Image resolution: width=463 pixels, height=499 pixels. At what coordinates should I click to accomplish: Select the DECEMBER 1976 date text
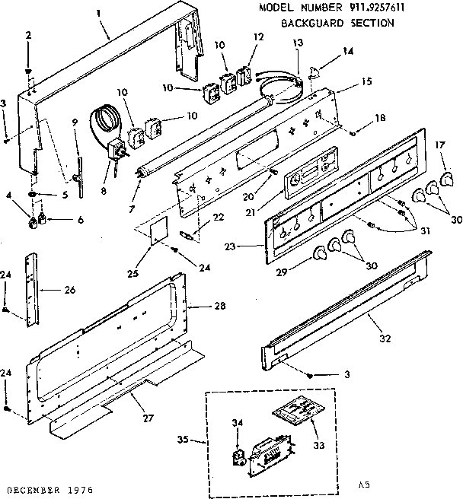point(47,488)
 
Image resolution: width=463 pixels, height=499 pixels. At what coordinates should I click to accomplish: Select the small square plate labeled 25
point(159,230)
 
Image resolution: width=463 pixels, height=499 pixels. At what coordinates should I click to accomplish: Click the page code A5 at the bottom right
point(363,484)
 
